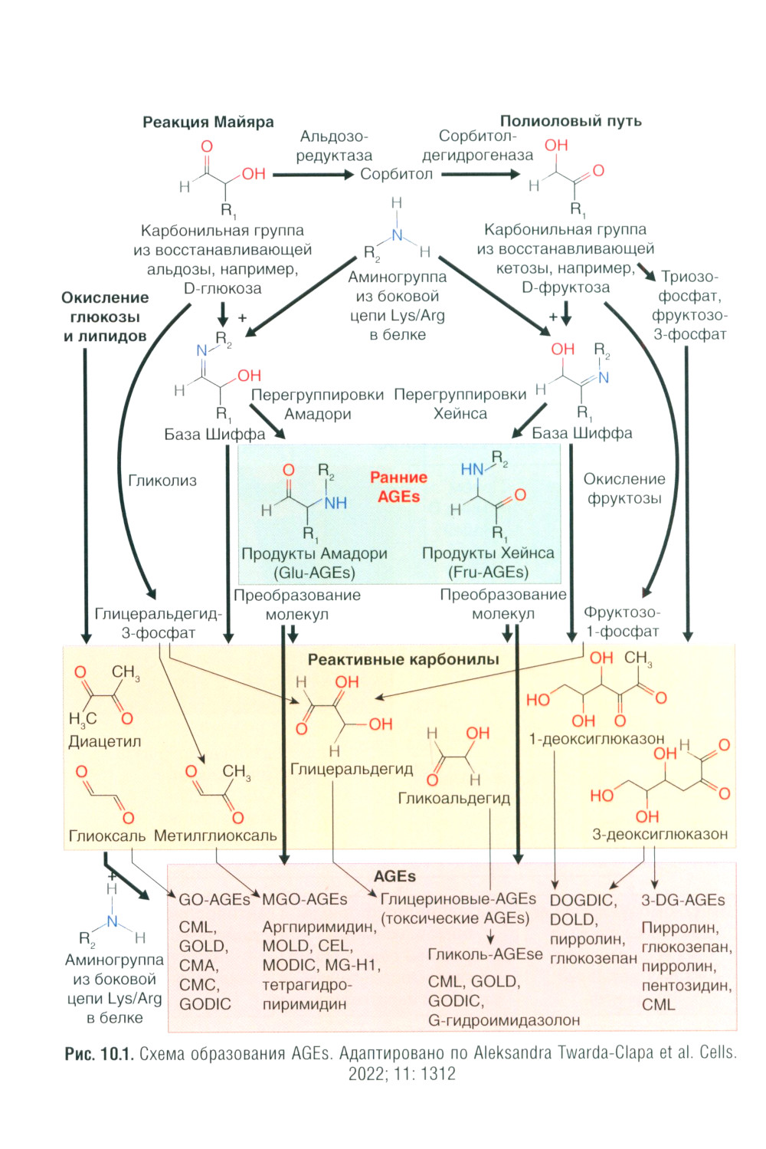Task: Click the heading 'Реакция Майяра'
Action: tap(208, 122)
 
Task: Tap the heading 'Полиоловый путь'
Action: tap(571, 121)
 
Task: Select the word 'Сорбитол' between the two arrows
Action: tap(396, 174)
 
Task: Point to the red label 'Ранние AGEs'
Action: tap(398, 487)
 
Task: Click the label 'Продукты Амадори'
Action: tap(314, 553)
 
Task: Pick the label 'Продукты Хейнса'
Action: tap(488, 553)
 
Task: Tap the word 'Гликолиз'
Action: tap(162, 481)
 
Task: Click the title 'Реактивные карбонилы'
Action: tap(403, 659)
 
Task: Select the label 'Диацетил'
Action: tap(105, 741)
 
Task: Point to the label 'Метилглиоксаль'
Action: tap(215, 835)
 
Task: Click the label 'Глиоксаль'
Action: tap(106, 835)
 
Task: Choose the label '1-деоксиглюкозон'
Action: tap(597, 739)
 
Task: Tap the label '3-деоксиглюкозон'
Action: tap(660, 834)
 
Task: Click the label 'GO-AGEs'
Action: tap(214, 899)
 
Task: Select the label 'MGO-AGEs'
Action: tap(304, 899)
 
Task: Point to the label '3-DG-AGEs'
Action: tap(683, 900)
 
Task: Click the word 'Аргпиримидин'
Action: tap(319, 927)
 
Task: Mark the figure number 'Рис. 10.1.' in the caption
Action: tap(100, 1053)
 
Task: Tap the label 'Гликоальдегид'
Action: tap(453, 798)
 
